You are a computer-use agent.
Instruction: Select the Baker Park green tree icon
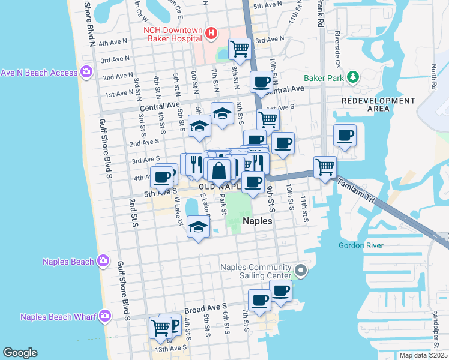pyautogui.click(x=354, y=77)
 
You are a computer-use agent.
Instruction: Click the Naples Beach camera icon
pyautogui.click(x=103, y=261)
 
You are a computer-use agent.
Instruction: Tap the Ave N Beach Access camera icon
pyautogui.click(x=87, y=73)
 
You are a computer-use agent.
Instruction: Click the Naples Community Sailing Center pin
pyautogui.click(x=302, y=272)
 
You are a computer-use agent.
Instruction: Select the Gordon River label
pyautogui.click(x=360, y=245)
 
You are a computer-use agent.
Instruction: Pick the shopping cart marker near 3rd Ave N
pyautogui.click(x=240, y=47)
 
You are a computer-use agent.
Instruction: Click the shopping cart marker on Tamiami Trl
pyautogui.click(x=325, y=166)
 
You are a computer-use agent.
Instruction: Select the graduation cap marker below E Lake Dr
pyautogui.click(x=198, y=227)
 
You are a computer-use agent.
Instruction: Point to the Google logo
pyautogui.click(x=20, y=353)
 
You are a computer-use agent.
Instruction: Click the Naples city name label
pyautogui.click(x=258, y=221)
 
